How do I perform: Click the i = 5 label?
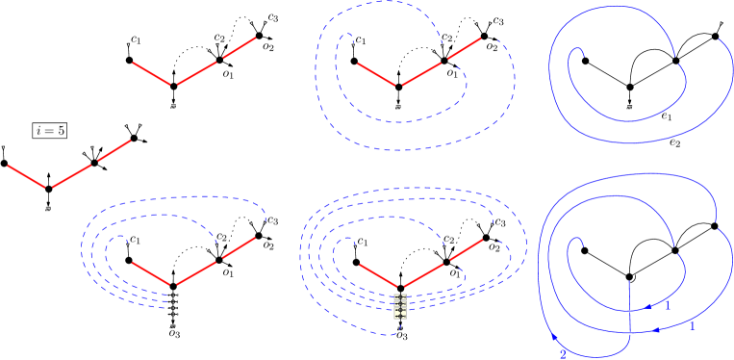click(50, 130)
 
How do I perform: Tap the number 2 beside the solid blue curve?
click(563, 353)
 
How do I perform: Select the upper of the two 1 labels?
click(668, 304)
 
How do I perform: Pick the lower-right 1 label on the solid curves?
click(692, 326)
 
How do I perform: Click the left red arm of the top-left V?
click(151, 72)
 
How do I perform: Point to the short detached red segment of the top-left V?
click(240, 47)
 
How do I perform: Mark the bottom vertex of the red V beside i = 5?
click(47, 188)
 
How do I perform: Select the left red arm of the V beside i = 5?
click(26, 176)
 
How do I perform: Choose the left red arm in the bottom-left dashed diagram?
click(152, 273)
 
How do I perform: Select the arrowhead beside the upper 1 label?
click(649, 307)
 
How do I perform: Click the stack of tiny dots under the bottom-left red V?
click(174, 303)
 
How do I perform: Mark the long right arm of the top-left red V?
click(198, 72)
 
